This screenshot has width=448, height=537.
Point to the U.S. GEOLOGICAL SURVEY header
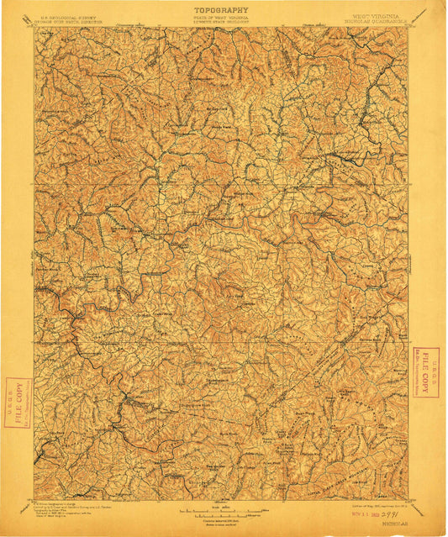coord(70,16)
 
